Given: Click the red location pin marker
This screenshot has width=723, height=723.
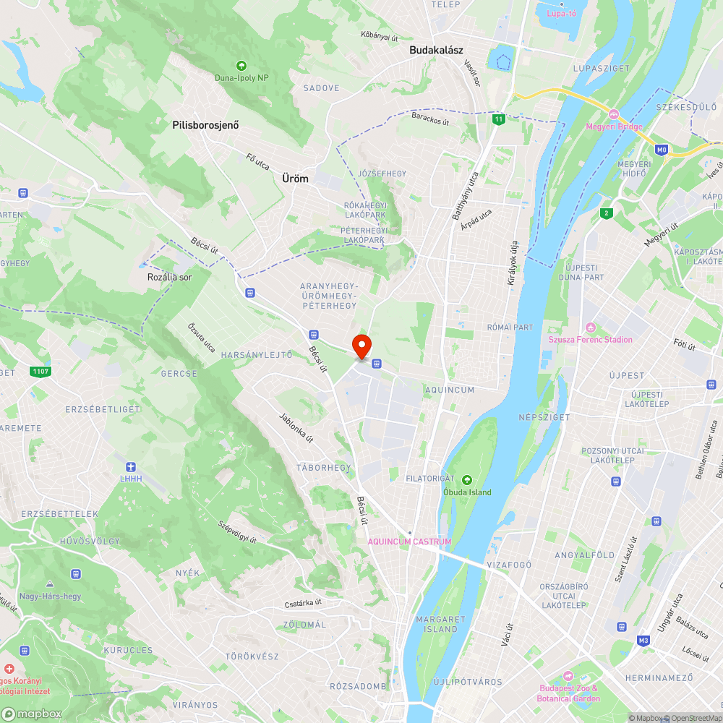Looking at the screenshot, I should [361, 346].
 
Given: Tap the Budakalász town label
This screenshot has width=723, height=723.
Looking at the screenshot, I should [437, 50].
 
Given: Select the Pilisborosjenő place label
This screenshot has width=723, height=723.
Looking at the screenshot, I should [205, 125].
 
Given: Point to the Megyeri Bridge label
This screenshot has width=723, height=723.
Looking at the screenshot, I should [615, 127].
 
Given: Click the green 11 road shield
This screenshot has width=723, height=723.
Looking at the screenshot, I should [498, 119].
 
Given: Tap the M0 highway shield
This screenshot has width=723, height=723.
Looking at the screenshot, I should [661, 150].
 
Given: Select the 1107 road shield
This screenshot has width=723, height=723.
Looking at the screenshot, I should [41, 372].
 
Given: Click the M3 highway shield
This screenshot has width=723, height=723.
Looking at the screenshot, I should [643, 641].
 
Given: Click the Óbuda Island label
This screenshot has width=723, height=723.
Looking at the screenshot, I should [467, 492].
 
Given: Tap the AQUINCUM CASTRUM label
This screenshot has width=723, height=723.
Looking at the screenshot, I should [409, 542].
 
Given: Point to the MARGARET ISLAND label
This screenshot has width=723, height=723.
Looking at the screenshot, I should [440, 624].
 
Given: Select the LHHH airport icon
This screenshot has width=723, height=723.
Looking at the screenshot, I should [130, 466].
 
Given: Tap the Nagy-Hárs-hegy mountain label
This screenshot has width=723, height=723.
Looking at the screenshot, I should [51, 596].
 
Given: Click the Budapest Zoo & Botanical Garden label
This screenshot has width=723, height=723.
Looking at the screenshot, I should [568, 693].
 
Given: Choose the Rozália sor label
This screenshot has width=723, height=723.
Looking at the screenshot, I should [170, 277].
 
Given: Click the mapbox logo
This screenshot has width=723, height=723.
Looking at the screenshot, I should [32, 714].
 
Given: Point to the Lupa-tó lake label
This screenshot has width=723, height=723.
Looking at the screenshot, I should [561, 13].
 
